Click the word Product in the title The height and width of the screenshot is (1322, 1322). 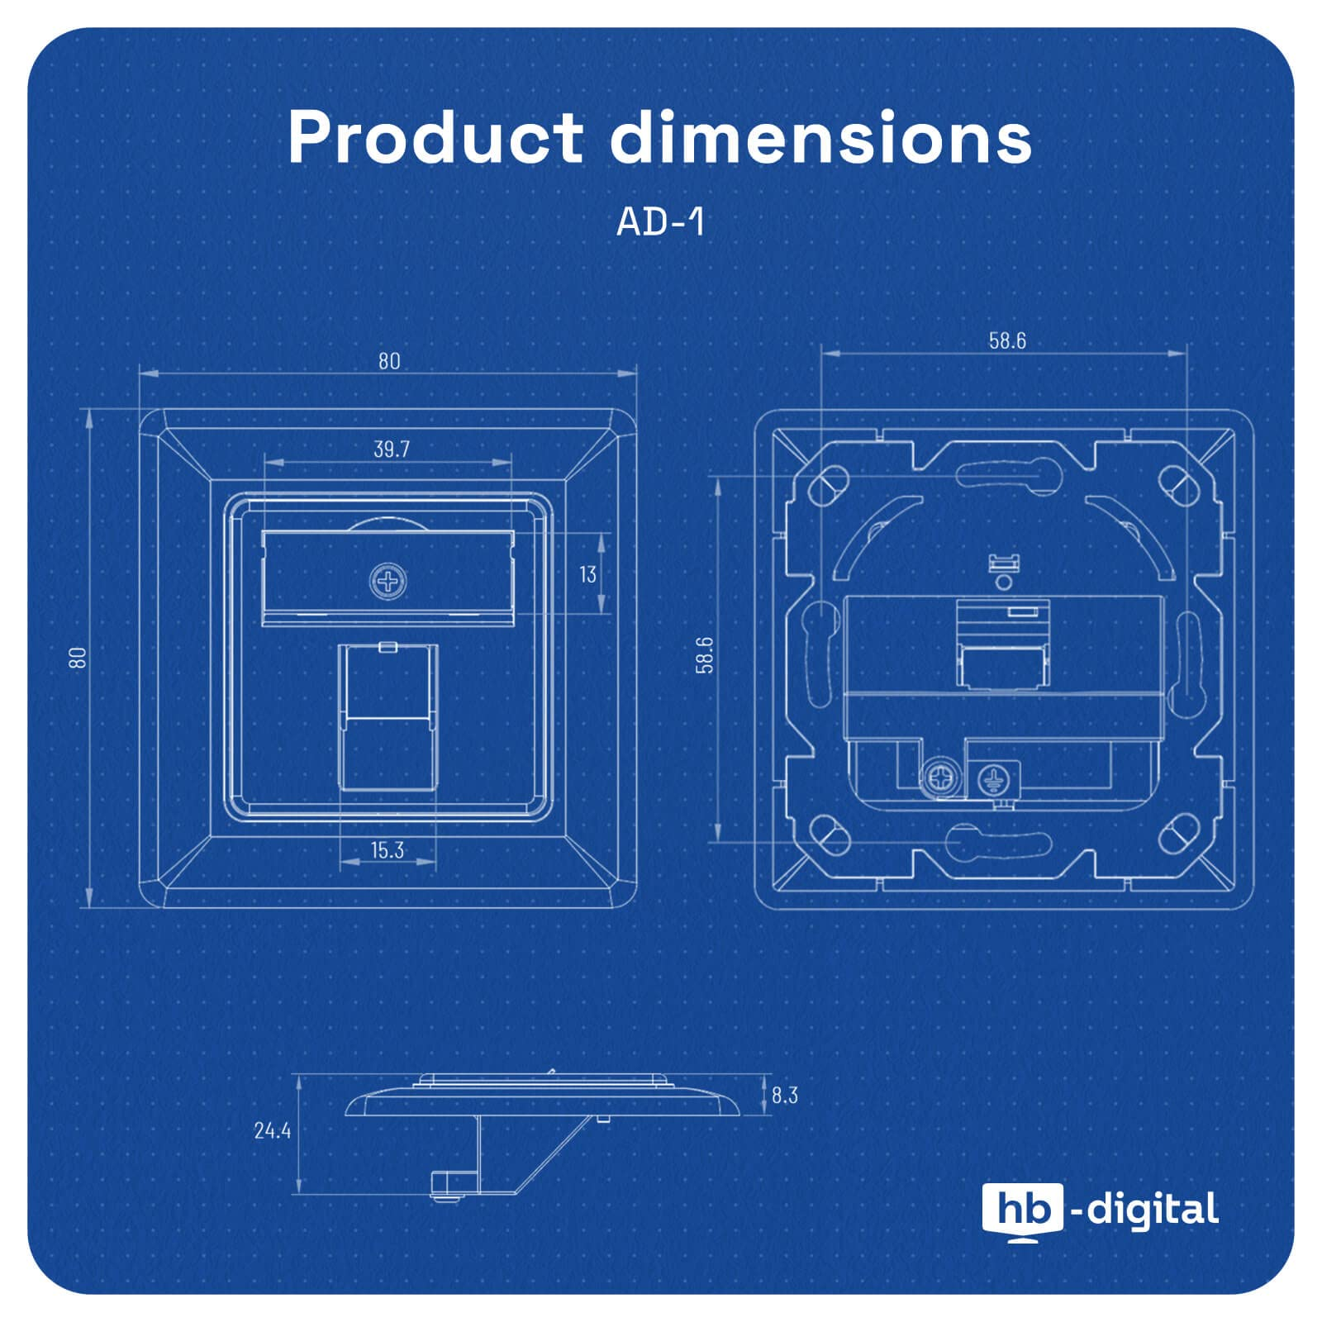click(436, 136)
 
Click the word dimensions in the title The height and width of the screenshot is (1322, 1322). click(821, 136)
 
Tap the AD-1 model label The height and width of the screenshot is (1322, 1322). click(661, 221)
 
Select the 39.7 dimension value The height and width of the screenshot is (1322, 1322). click(392, 449)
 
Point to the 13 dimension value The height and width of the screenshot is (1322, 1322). click(587, 574)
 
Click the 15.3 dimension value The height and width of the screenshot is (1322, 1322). click(387, 850)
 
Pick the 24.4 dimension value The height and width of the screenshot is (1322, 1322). click(273, 1130)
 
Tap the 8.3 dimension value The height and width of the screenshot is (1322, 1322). click(785, 1095)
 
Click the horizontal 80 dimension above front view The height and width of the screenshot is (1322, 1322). click(389, 361)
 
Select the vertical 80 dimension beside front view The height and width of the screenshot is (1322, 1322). click(78, 658)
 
